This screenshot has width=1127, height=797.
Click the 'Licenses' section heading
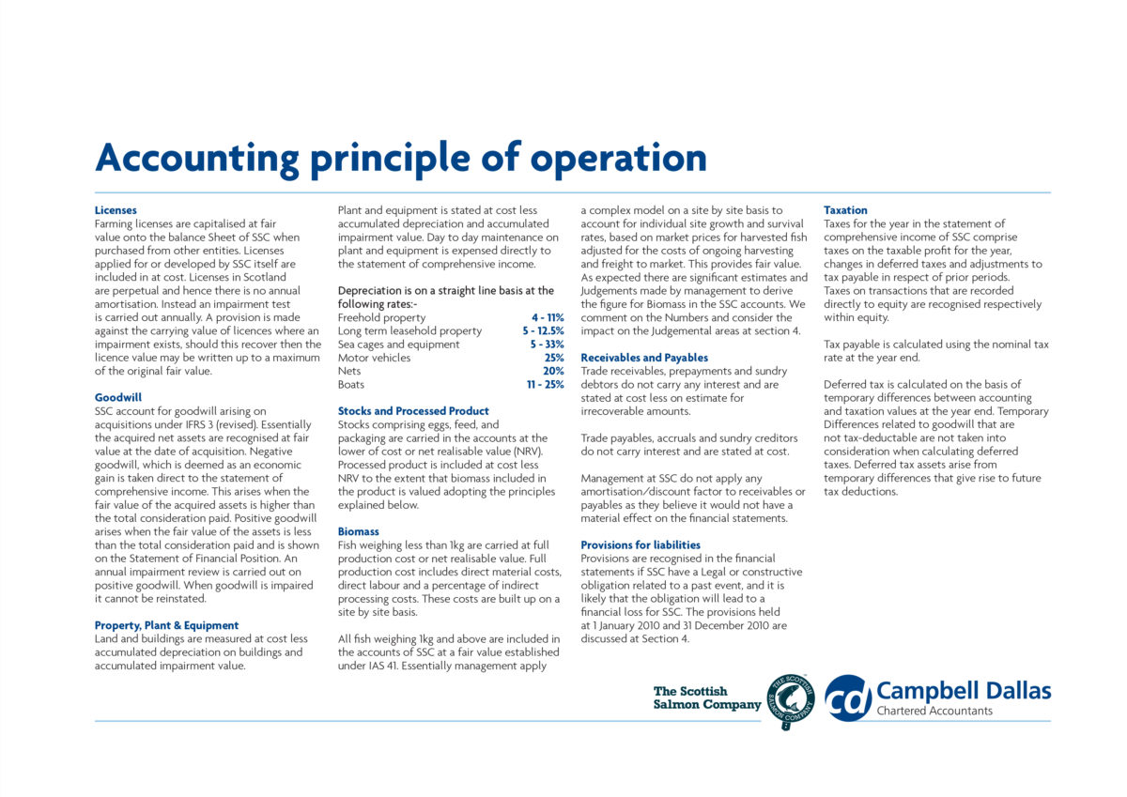point(116,210)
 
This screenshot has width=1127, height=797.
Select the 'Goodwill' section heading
point(118,397)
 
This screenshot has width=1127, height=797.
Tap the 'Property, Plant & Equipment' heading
point(166,625)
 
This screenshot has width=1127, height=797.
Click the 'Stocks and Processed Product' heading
point(413,411)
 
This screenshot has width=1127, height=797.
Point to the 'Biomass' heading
point(358,531)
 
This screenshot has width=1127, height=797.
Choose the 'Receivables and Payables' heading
point(644,358)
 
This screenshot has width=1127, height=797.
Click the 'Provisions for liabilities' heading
point(641,544)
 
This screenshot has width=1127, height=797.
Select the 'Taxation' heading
point(845,210)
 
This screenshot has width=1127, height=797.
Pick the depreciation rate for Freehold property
point(548,318)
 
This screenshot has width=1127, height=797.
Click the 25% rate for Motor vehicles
point(554,358)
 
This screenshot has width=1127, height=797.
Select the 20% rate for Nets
point(553,371)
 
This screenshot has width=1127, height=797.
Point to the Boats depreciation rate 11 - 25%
point(545,384)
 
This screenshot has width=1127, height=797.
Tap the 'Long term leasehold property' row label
point(409,331)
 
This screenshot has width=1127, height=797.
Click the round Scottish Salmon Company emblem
point(792,701)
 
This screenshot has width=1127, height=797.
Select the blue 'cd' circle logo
point(848,697)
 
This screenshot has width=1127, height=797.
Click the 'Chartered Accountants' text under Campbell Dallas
point(934,711)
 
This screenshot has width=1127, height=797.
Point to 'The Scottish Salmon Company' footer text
point(707,698)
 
